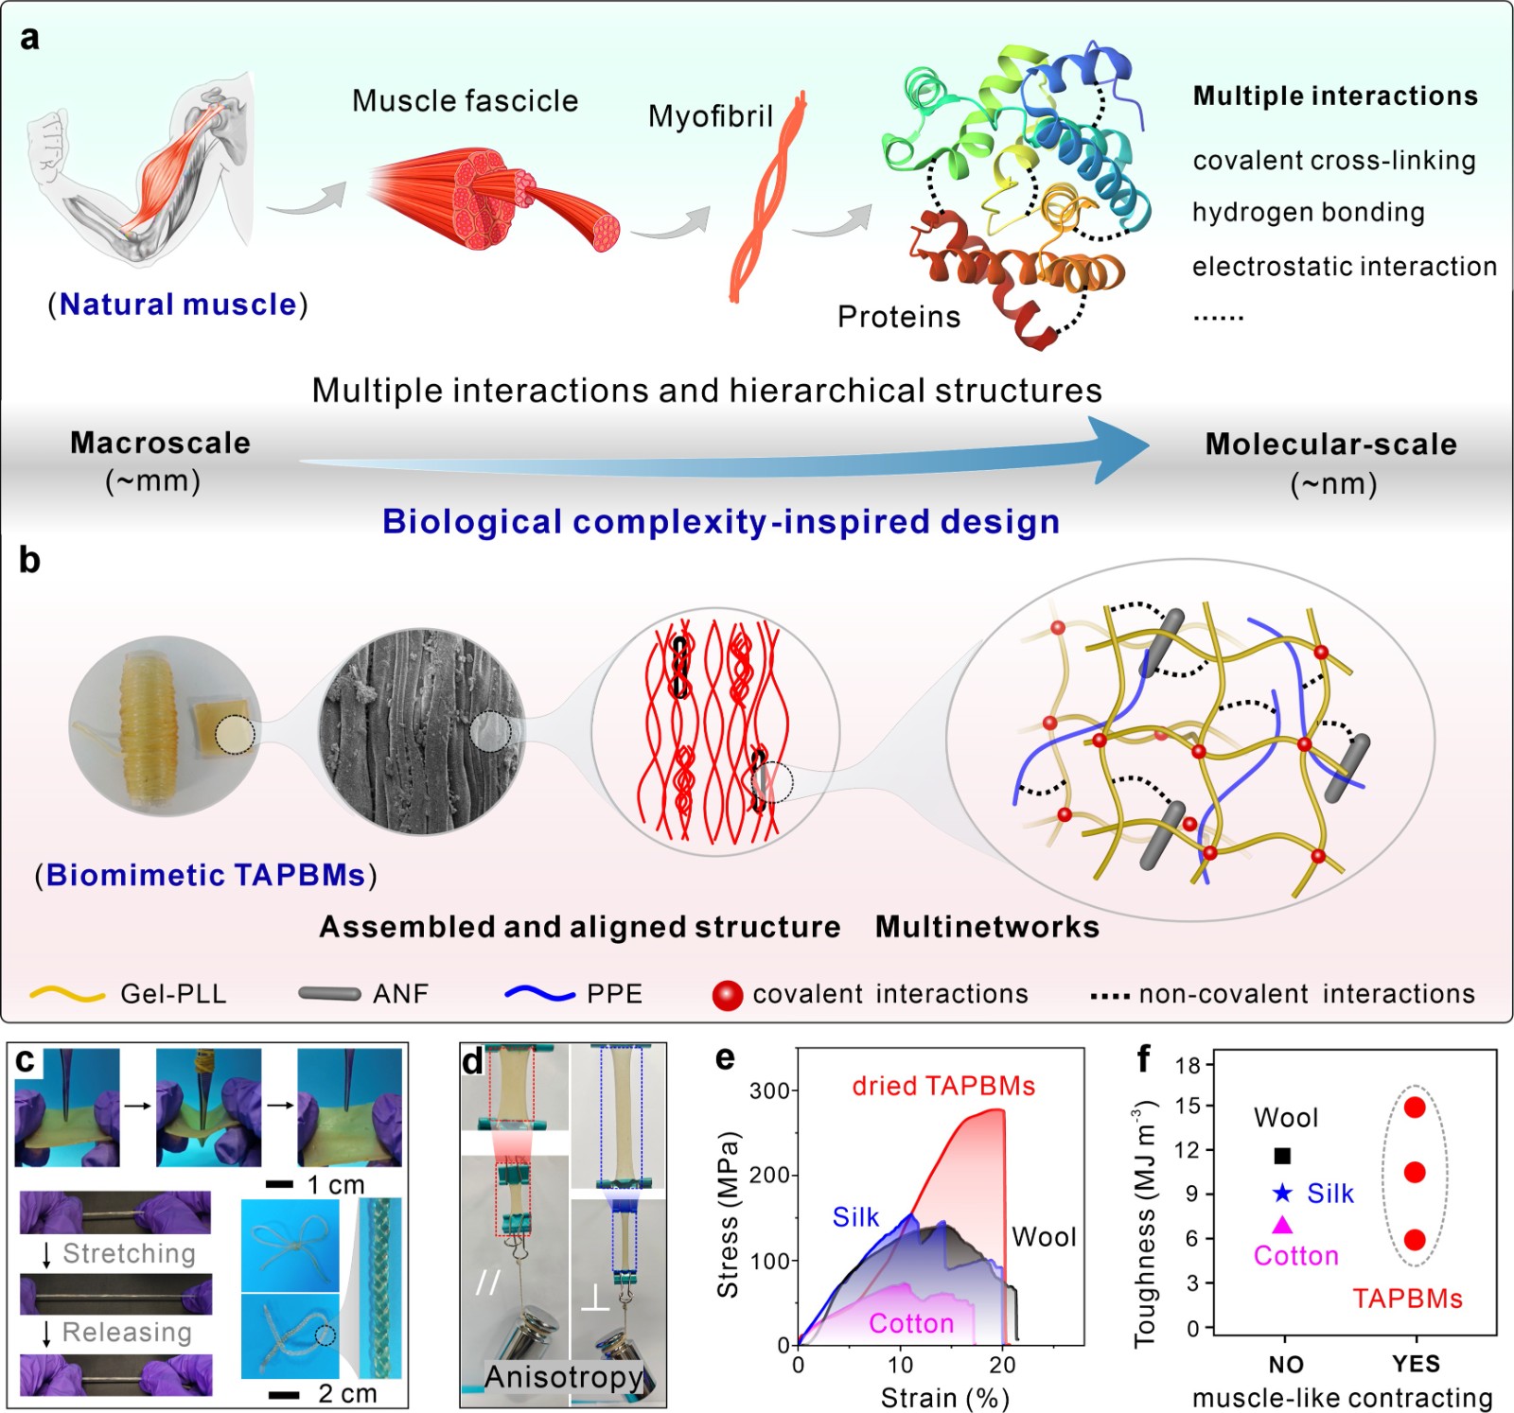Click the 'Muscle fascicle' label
coord(465,101)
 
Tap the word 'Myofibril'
coord(710,116)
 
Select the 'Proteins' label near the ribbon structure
coord(898,317)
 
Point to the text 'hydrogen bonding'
coord(1308,213)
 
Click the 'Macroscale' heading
coord(160,443)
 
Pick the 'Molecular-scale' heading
coord(1330,445)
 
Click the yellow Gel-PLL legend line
coord(67,994)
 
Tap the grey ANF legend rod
coord(329,994)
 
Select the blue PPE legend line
coord(540,994)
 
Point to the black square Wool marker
coord(1282,1155)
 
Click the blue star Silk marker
coord(1282,1194)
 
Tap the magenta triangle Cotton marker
coord(1282,1226)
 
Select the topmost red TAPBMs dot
coord(1415,1108)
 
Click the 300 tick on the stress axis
coord(769,1091)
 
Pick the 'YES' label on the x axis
coord(1416,1364)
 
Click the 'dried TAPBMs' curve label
coord(943,1086)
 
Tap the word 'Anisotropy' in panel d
coord(563,1377)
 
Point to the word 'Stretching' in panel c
coord(129,1254)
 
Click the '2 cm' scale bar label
coord(347,1393)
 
